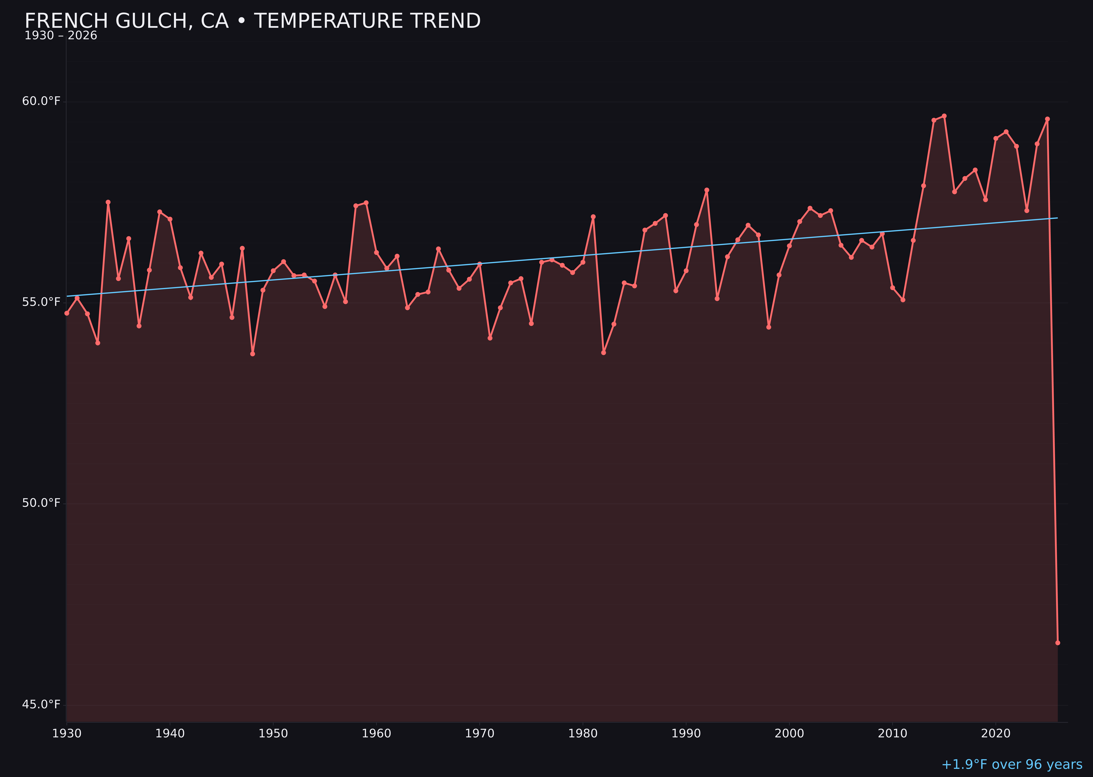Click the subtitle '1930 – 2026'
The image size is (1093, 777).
point(61,36)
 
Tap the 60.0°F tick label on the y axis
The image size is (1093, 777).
point(41,101)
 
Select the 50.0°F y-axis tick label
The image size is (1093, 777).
point(41,503)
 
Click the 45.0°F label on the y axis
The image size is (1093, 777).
point(41,704)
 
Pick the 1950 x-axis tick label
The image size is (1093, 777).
point(273,734)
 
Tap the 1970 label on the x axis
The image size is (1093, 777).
point(480,734)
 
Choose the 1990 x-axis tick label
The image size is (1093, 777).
point(686,734)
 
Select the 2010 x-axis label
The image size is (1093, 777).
point(892,734)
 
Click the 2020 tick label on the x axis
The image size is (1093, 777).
point(996,734)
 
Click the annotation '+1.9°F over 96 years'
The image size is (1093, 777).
point(1012,764)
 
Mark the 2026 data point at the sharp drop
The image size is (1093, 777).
point(1057,643)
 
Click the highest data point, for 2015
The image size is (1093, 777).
point(944,116)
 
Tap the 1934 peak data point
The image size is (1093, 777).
point(108,202)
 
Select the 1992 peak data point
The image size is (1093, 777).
point(707,190)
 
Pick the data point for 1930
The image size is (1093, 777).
point(67,313)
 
